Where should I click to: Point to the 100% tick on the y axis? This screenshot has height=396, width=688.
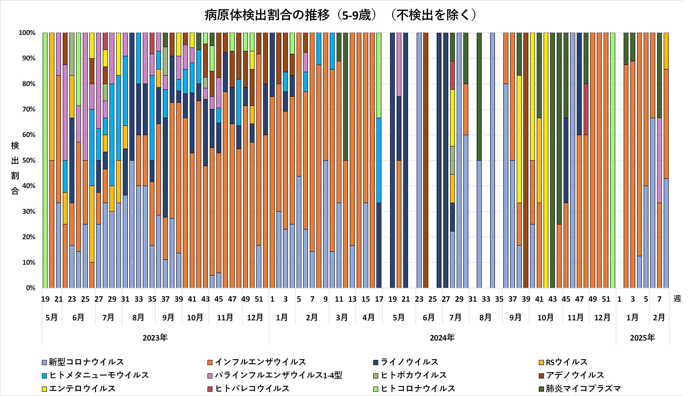click(27, 33)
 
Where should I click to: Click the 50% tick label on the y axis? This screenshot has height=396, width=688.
click(29, 160)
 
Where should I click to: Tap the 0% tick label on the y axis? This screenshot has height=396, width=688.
click(30, 288)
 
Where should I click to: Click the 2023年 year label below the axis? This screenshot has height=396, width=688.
click(155, 338)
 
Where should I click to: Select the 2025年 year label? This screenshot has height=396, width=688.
click(642, 338)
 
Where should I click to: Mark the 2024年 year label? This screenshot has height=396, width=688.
click(442, 338)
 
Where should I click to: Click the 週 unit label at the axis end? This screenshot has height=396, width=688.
click(677, 299)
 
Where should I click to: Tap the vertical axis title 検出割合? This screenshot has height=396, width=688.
click(15, 168)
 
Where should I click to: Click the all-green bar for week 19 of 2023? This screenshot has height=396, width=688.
click(45, 160)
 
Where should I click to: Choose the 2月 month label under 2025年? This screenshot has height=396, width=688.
click(659, 317)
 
